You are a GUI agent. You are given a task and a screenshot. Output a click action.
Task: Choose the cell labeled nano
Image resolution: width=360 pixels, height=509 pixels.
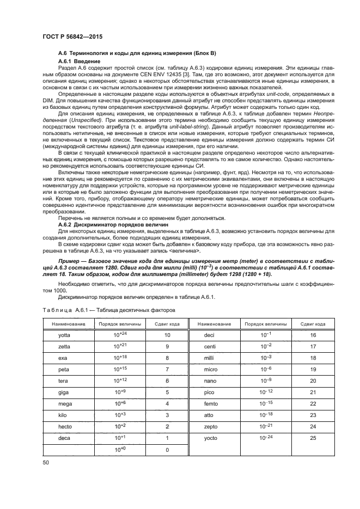210,381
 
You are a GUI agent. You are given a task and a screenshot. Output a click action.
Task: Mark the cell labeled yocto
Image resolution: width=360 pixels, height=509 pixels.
210,438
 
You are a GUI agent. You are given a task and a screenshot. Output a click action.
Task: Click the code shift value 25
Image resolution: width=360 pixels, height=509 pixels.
313,438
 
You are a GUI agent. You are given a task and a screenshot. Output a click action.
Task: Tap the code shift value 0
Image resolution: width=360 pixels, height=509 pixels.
167,450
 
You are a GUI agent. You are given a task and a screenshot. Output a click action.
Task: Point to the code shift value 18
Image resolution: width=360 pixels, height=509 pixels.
313,358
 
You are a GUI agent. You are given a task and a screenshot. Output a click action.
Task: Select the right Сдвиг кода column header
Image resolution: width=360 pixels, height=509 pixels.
313,324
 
